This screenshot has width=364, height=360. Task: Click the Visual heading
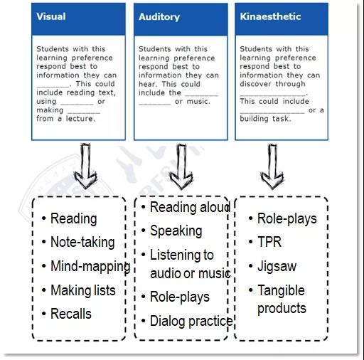pos(51,16)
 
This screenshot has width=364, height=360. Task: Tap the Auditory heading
pos(159,17)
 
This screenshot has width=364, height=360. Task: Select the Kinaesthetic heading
pos(270,16)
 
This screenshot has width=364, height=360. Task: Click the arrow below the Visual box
pos(85,166)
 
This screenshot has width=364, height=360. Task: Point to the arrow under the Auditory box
pos(181,166)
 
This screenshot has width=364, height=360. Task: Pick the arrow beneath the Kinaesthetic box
pos(272,166)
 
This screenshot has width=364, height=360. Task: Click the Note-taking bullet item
pos(82,242)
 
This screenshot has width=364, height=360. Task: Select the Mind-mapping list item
pos(90,266)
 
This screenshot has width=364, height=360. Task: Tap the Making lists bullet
pos(83,290)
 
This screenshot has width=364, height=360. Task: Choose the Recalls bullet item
pos(71,314)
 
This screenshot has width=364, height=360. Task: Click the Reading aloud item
pos(191,207)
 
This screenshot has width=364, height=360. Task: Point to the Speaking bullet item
pos(176,231)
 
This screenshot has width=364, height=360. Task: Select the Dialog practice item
pos(191,321)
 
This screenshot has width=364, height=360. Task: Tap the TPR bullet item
pos(269,242)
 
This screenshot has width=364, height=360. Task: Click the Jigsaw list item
pos(277,266)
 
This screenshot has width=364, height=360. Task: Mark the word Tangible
pos(281,290)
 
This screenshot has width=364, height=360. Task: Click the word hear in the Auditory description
pos(147,84)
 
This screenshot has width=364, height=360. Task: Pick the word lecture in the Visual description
pos(80,118)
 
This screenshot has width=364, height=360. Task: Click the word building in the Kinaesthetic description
pos(254,119)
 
